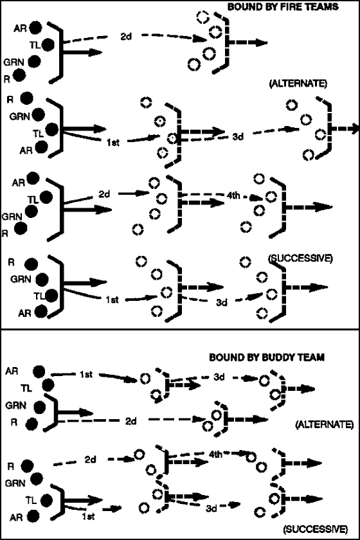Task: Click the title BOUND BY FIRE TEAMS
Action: [283, 6]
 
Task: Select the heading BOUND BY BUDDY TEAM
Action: [267, 357]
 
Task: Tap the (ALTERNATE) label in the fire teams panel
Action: [298, 84]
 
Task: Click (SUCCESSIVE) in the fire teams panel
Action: [300, 258]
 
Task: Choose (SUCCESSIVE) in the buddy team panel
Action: [316, 528]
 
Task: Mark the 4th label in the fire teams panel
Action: [233, 195]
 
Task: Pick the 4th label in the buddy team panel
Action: [215, 455]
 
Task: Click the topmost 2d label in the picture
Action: [126, 36]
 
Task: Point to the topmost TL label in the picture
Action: [35, 44]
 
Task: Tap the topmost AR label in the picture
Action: [20, 28]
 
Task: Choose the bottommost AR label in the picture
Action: [16, 517]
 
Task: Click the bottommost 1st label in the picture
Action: [89, 516]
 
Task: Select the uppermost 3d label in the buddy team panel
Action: [219, 377]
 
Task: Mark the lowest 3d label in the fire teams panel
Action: [222, 302]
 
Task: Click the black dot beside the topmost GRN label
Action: [35, 61]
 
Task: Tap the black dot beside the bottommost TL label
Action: [46, 500]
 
